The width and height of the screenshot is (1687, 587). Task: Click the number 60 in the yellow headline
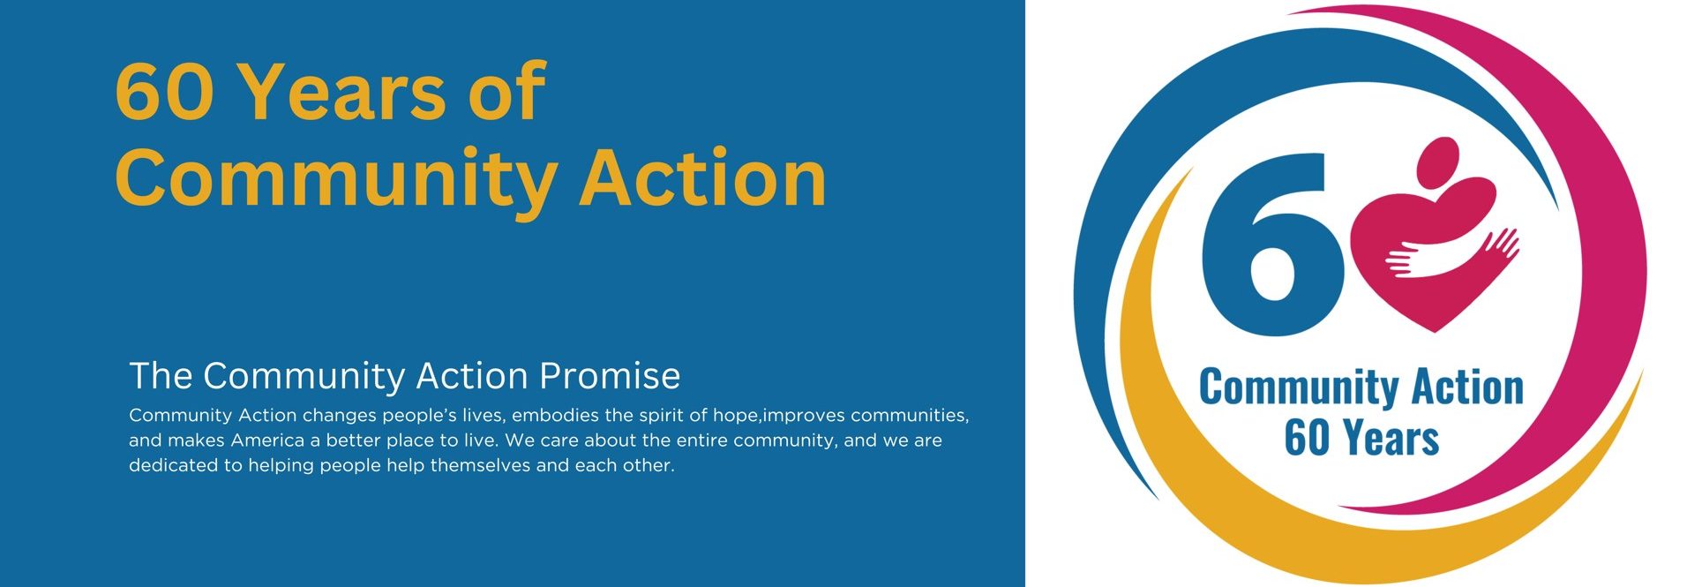pyautogui.click(x=164, y=91)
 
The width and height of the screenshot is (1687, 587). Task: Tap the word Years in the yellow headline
pyautogui.click(x=342, y=91)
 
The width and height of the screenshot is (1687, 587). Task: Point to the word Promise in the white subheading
pyautogui.click(x=610, y=376)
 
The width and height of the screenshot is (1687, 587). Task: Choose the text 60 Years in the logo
pyautogui.click(x=1361, y=438)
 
